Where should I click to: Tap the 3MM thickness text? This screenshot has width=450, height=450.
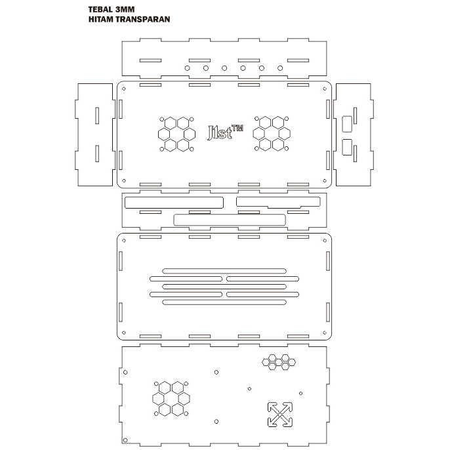click(125, 9)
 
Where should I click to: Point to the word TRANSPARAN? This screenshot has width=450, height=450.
click(144, 19)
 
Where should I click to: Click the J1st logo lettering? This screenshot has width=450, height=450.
click(220, 133)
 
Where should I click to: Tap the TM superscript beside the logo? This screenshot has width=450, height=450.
click(237, 128)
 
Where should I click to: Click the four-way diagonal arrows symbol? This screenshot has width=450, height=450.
click(280, 415)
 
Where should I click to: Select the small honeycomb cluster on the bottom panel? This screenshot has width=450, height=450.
click(279, 362)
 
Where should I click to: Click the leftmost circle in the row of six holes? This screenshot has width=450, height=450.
click(187, 68)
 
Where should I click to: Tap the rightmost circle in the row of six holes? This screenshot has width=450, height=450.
click(280, 68)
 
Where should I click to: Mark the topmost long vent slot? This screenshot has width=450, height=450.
click(224, 271)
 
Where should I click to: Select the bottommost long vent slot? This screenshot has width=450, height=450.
click(224, 302)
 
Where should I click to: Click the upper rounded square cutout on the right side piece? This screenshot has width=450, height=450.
click(347, 124)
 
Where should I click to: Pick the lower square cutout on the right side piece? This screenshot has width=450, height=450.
click(347, 147)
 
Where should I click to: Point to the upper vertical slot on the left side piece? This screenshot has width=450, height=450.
click(97, 115)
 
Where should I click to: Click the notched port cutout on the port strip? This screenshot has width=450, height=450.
click(278, 202)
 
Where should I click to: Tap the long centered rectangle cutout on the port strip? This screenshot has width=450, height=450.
click(230, 220)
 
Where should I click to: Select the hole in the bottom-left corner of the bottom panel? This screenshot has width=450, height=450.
click(125, 440)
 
